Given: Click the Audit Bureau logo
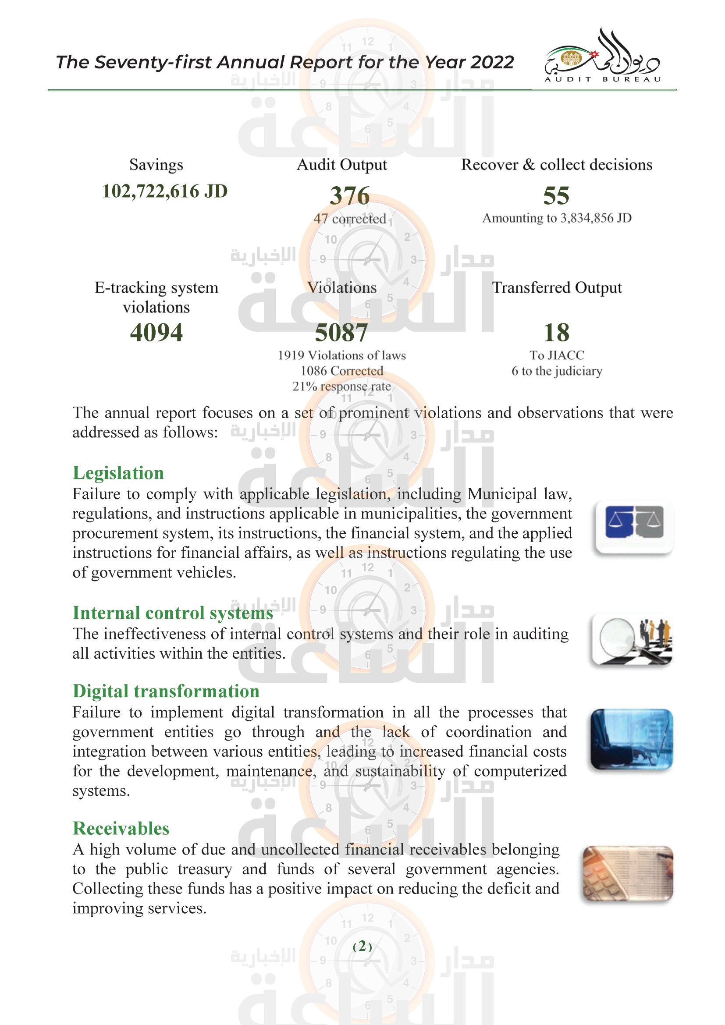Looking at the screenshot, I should pos(602,57).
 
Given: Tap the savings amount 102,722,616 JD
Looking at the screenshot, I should pos(165,191).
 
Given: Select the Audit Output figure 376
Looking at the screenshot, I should pos(349,195).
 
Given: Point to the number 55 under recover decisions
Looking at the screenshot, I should pos(556,195).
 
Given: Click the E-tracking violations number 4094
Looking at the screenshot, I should pos(156,332).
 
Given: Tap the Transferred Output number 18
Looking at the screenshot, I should pos(556,332).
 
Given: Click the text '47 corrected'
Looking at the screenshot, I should pos(349,219).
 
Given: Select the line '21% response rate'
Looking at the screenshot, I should pos(341,386).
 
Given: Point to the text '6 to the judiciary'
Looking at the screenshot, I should pos(557,371).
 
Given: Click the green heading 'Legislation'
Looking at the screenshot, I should pos(118,473).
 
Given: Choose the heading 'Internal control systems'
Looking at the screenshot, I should pos(173,613).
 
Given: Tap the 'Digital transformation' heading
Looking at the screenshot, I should pos(166,691).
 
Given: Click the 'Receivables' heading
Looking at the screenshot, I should pos(121,828).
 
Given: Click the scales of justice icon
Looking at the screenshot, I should pos(634,527).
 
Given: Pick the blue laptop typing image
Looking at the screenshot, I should pos(632,739).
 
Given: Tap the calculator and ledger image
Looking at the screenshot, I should pos(628,874).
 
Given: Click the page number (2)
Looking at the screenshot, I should pos(362,946).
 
